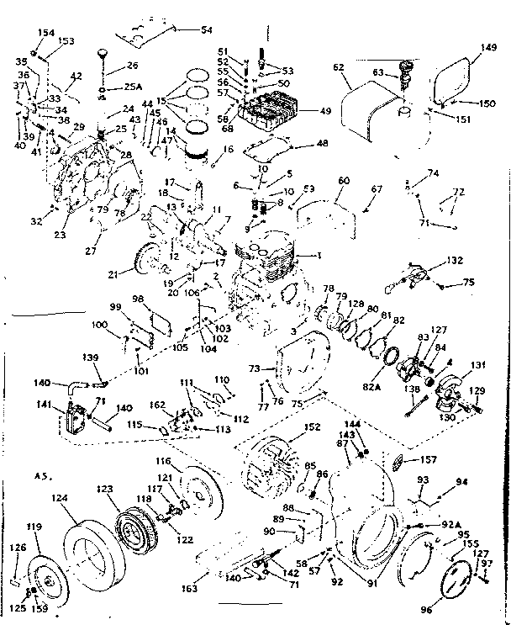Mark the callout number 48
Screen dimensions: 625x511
point(298,145)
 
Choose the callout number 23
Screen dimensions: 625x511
point(60,236)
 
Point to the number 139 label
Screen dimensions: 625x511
point(91,358)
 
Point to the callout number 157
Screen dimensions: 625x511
point(428,460)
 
